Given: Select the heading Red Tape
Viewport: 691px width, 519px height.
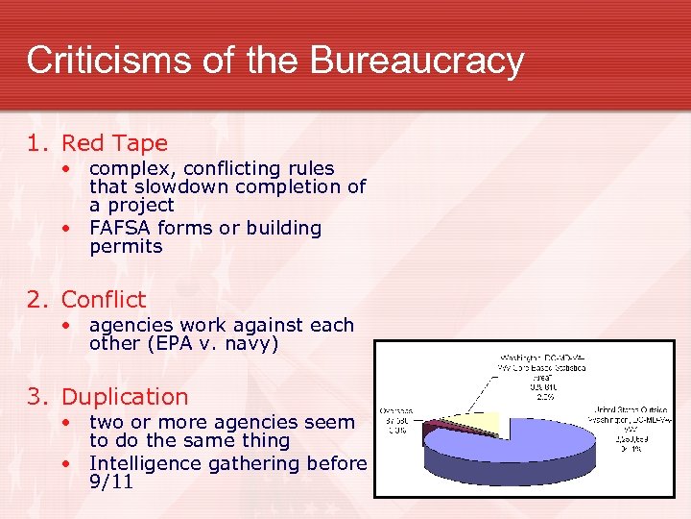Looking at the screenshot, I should coord(114,144).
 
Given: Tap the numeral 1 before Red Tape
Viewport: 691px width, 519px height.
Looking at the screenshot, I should coord(35,144).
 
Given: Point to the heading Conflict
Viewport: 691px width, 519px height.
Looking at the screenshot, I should coord(104,300).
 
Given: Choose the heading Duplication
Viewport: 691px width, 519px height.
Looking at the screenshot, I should coord(125,397).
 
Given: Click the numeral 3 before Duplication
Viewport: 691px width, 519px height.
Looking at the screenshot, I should coord(35,397).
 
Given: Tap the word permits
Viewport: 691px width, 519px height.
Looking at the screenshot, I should coord(126,246).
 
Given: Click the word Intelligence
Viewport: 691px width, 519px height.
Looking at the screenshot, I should coord(147,463).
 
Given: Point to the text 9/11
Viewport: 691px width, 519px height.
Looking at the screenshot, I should coord(110,482).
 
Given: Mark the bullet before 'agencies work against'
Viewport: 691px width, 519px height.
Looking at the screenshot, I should coord(67,325).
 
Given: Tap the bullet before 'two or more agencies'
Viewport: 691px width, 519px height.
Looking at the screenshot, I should coord(67,422).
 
